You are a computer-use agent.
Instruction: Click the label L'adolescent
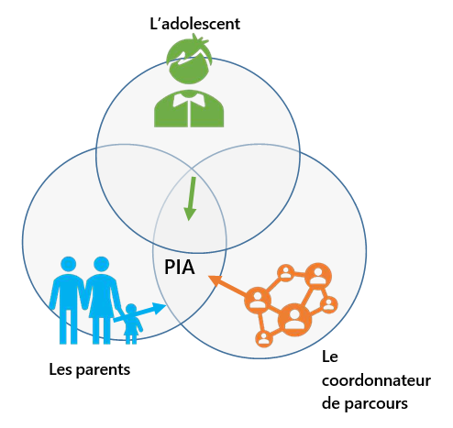(x=194, y=24)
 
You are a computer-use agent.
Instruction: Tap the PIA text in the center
(x=180, y=267)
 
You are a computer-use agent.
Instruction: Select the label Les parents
(x=90, y=369)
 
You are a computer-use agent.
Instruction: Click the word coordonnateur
(x=376, y=380)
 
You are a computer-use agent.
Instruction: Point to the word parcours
(x=376, y=404)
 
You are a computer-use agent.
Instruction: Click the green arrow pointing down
(x=190, y=199)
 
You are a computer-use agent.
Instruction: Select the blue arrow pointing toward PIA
(x=139, y=312)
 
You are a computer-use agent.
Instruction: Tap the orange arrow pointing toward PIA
(x=227, y=286)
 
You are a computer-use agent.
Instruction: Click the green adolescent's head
(x=190, y=66)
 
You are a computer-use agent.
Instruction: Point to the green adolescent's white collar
(x=189, y=99)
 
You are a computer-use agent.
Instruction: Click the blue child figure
(x=131, y=324)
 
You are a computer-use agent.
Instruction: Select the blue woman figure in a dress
(x=102, y=300)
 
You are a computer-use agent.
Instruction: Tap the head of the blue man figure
(x=68, y=264)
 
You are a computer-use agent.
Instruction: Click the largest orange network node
(x=294, y=320)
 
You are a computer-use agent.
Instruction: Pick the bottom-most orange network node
(x=264, y=338)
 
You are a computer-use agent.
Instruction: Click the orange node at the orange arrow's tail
(x=258, y=301)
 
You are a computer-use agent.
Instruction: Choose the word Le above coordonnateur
(x=330, y=357)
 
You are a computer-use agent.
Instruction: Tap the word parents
(x=103, y=370)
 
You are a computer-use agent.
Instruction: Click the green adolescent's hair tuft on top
(x=199, y=39)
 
